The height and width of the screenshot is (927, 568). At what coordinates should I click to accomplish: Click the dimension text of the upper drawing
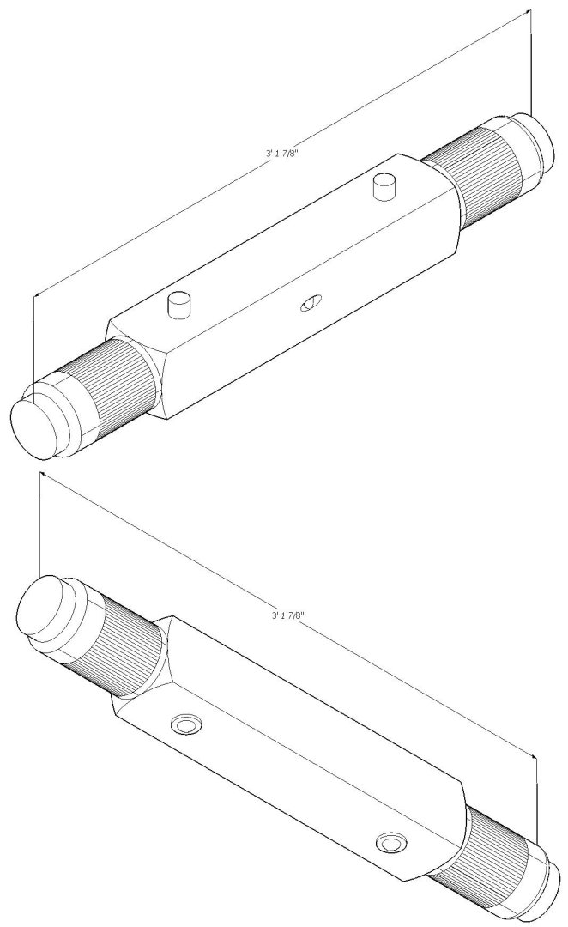click(x=286, y=154)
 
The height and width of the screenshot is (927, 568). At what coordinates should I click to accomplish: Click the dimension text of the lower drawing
click(x=288, y=615)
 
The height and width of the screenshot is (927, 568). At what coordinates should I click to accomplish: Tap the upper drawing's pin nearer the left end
click(x=178, y=304)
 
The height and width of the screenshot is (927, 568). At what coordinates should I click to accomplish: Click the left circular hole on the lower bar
click(x=185, y=725)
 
